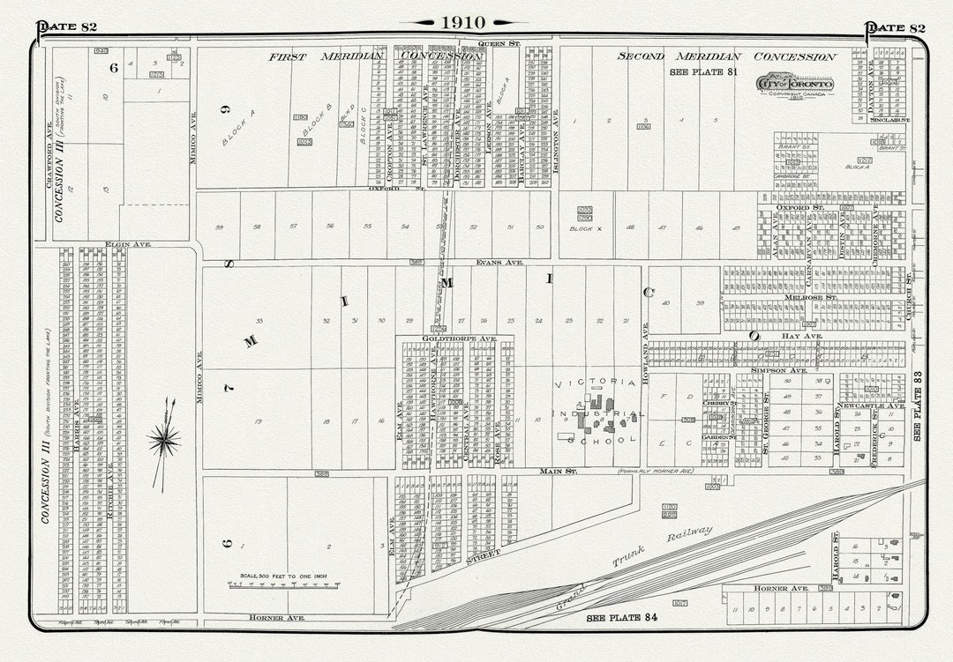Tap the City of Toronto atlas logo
[793, 85]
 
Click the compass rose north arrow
[164, 438]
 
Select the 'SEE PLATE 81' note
[703, 73]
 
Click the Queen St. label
[501, 42]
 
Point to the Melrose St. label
[805, 298]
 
